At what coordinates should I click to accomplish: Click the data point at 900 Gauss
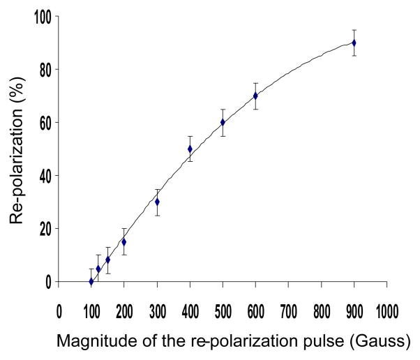(354, 43)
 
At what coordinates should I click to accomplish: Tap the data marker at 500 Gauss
(223, 122)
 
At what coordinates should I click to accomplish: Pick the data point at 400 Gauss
(190, 149)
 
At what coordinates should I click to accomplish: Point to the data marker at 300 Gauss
(157, 202)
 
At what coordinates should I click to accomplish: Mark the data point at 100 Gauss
(91, 281)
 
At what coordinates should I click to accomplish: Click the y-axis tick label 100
(44, 17)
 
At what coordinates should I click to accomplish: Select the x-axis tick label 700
(288, 309)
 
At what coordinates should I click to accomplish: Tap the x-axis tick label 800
(321, 309)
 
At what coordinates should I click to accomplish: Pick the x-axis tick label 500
(223, 309)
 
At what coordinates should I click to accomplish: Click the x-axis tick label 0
(59, 309)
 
